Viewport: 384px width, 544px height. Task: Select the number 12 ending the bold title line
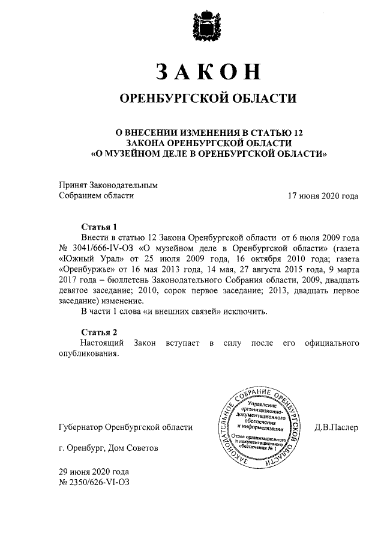point(303,132)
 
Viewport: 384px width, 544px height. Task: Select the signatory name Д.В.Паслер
point(336,427)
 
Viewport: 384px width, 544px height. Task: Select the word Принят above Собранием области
point(73,185)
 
